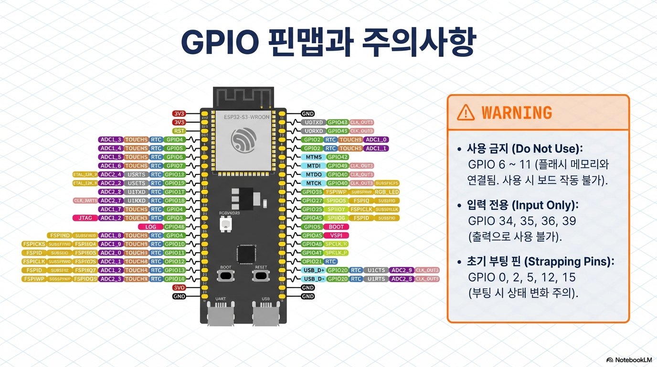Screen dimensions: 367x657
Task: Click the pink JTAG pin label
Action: [x=85, y=218]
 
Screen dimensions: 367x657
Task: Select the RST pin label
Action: [x=179, y=131]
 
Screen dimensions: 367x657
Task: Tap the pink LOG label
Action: [x=150, y=227]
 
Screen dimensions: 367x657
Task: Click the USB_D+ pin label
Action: [x=314, y=270]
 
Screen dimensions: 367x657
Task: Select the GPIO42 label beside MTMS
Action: [x=338, y=157]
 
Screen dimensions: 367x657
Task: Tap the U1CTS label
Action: [x=376, y=270]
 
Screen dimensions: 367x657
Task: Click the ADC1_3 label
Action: [x=111, y=140]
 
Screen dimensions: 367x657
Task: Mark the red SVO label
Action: [x=179, y=288]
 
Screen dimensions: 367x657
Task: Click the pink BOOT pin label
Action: [x=336, y=227]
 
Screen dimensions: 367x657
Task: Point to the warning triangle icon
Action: [x=466, y=112]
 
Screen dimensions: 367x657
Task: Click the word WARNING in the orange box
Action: [x=517, y=113]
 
